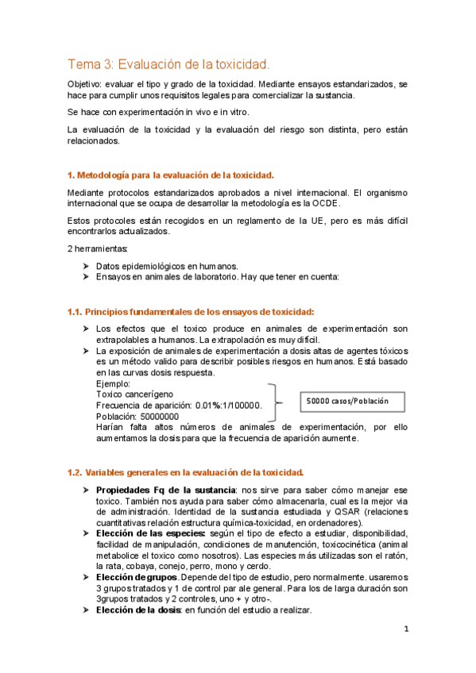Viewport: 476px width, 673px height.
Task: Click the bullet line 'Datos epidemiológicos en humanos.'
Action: pyautogui.click(x=166, y=265)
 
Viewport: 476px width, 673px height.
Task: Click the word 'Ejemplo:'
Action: pyautogui.click(x=113, y=383)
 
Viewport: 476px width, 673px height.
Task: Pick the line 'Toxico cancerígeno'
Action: pyautogui.click(x=134, y=394)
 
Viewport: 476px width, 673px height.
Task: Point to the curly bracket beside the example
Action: pyautogui.click(x=276, y=402)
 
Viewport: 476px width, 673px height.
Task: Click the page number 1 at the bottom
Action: pyautogui.click(x=405, y=630)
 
